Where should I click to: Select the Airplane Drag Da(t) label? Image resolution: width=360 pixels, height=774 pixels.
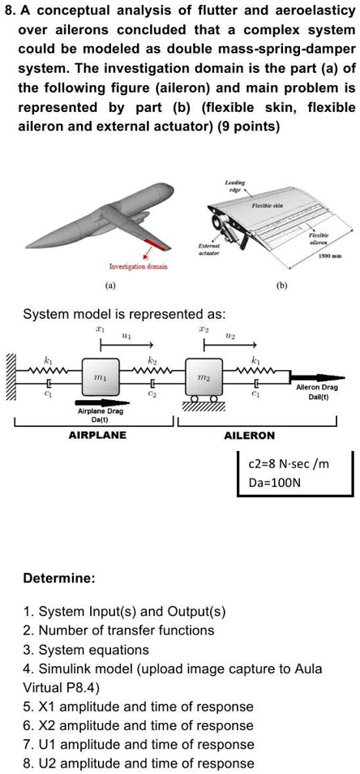[101, 415]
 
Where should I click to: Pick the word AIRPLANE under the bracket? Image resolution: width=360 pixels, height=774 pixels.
[97, 436]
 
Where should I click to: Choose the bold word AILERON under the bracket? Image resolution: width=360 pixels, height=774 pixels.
[249, 436]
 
